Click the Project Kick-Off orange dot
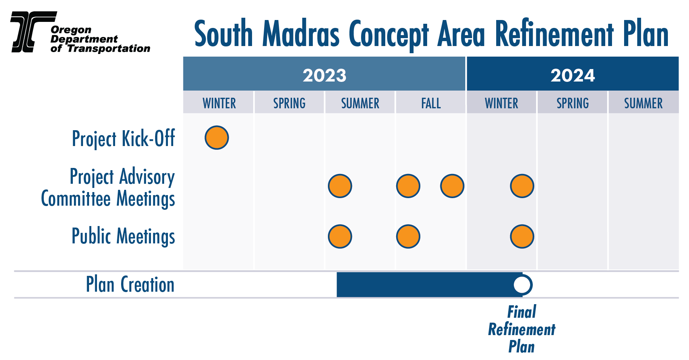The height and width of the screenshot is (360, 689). click(x=217, y=137)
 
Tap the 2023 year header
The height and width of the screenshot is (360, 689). click(x=325, y=75)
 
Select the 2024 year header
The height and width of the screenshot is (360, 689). click(x=572, y=75)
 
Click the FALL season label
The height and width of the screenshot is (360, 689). click(x=431, y=103)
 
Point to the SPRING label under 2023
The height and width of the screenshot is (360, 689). click(x=289, y=103)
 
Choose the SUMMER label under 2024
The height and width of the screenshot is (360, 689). click(x=643, y=103)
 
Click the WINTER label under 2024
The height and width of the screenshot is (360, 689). click(x=501, y=103)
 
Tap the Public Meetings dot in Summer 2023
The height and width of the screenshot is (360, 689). click(x=340, y=237)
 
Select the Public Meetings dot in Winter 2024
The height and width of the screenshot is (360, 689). click(x=522, y=237)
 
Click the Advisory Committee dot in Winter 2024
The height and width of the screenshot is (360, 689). click(x=522, y=186)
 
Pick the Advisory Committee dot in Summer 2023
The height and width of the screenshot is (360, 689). click(x=340, y=186)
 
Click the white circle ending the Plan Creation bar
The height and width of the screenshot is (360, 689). click(x=522, y=285)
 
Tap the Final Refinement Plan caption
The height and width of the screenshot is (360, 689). click(x=522, y=329)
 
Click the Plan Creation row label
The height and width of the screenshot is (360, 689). click(x=130, y=285)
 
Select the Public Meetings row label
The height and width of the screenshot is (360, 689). click(x=123, y=236)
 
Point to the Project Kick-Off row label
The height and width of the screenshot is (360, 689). click(x=123, y=138)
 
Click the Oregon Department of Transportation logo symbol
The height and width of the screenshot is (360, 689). click(x=33, y=32)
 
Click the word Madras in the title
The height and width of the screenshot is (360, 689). click(x=301, y=34)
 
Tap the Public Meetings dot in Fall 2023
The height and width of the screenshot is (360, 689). click(x=408, y=237)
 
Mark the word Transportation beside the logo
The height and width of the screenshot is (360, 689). click(x=109, y=48)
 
